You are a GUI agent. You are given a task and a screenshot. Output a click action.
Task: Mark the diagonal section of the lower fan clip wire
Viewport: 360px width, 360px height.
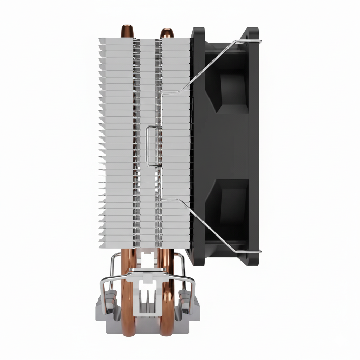[x=211, y=225]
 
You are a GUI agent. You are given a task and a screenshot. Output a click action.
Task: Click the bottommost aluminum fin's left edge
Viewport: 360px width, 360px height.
[x=102, y=245]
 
